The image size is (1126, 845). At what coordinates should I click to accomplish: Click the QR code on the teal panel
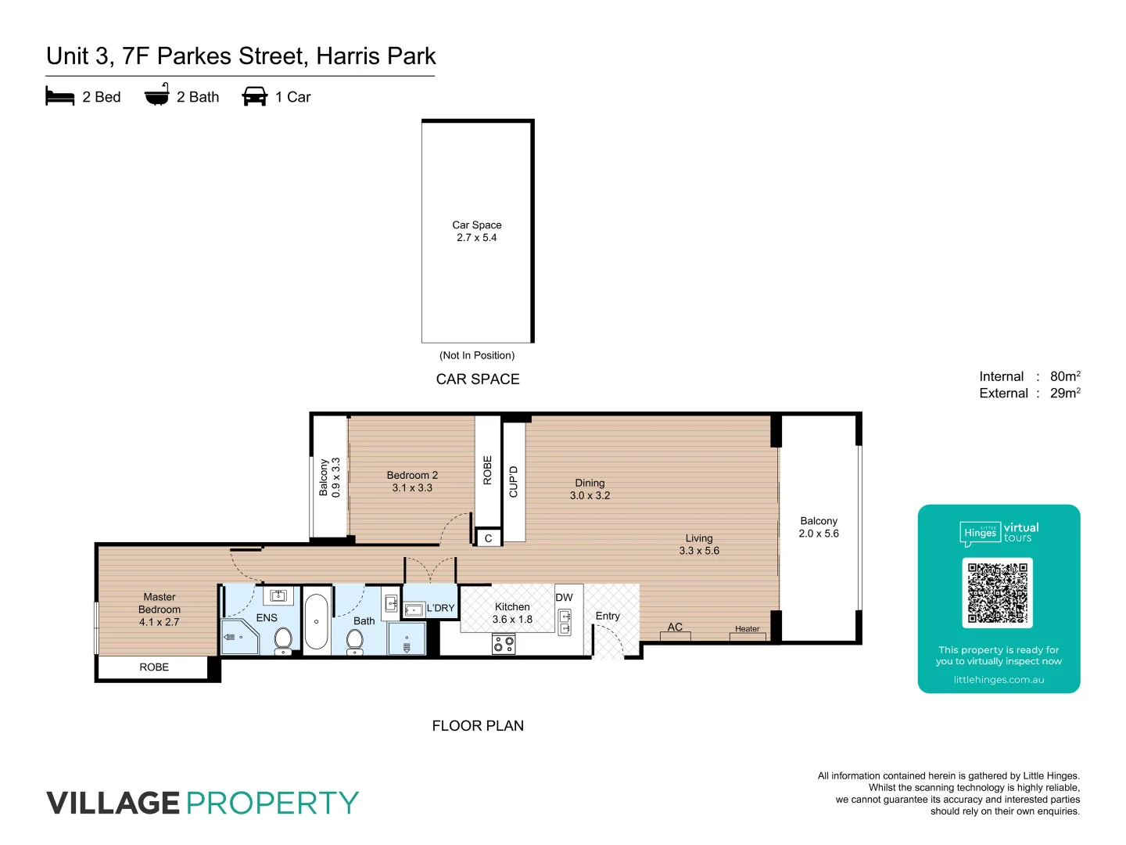997,592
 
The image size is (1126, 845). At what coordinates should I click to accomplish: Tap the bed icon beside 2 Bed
60,97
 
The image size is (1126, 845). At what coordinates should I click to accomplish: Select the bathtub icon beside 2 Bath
156,95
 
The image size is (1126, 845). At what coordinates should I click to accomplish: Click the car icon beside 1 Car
255,97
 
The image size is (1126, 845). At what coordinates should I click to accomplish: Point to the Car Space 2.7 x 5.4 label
477,232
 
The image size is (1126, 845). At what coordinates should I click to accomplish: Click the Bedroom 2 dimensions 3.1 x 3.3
412,488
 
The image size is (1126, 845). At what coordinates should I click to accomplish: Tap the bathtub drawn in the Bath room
316,622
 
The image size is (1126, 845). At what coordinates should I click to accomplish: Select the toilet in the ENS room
284,639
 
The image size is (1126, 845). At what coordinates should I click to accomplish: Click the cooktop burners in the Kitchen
504,645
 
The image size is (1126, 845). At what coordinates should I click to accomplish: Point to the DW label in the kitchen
564,598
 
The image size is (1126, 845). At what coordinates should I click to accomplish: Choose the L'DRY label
440,608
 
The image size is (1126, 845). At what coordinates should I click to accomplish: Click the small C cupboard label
488,538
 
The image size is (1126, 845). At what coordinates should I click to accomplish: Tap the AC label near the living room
675,627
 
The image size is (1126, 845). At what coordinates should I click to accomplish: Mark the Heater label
747,629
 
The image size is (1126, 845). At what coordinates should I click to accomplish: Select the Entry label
608,617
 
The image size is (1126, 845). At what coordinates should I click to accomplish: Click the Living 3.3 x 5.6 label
699,545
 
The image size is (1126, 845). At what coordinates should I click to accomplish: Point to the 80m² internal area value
1065,376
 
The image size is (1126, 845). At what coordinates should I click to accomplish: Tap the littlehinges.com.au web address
999,680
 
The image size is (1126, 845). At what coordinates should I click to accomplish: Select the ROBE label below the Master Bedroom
154,667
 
